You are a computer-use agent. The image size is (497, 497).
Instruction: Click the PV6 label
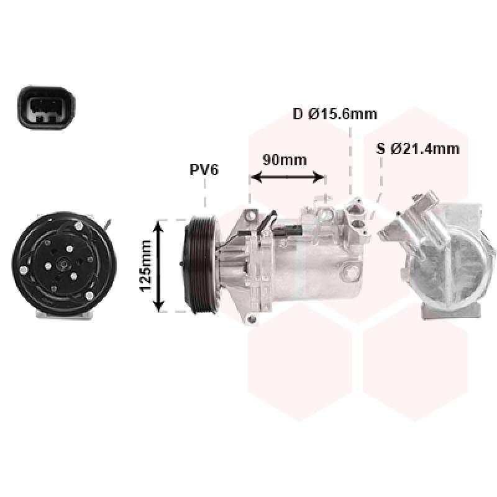(x=204, y=170)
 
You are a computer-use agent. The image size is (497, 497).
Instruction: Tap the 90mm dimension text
(x=285, y=160)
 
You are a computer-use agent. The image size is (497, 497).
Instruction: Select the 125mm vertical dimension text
(x=146, y=266)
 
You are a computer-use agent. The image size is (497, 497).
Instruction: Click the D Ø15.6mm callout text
(x=335, y=114)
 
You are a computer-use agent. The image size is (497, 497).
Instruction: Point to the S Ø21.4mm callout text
(x=417, y=148)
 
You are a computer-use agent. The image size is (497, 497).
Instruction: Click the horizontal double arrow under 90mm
(x=288, y=177)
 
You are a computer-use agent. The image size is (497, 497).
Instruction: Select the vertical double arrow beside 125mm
(x=158, y=267)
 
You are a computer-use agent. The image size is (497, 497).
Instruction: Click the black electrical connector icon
(x=46, y=107)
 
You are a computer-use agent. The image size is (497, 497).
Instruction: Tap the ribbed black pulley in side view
(x=201, y=265)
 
